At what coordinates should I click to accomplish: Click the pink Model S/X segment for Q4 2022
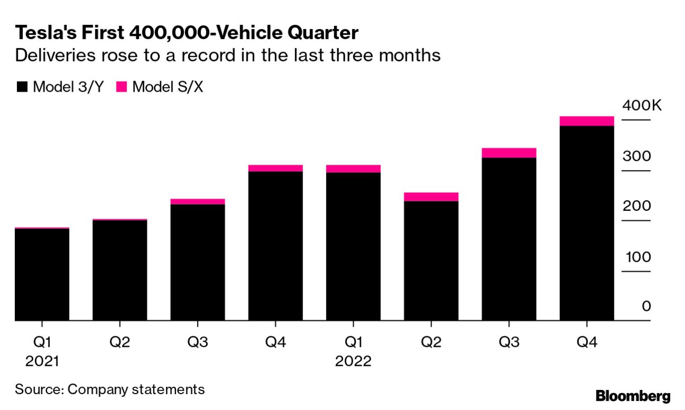[586, 121]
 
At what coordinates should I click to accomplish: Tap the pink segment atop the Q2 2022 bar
[431, 197]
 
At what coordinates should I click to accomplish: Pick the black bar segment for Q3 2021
[198, 262]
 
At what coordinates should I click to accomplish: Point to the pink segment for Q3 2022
[509, 153]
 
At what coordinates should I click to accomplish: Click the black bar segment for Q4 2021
[276, 246]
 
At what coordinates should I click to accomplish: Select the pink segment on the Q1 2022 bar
[353, 169]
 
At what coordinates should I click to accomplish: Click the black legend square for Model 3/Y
[22, 87]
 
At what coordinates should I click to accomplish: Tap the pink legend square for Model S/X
[121, 87]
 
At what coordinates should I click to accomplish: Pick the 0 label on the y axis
[646, 307]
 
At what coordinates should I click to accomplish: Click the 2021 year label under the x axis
[42, 362]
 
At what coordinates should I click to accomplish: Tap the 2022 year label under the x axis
[353, 362]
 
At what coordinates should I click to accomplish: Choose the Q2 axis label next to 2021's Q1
[120, 343]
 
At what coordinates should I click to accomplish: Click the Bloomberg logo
[633, 396]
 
